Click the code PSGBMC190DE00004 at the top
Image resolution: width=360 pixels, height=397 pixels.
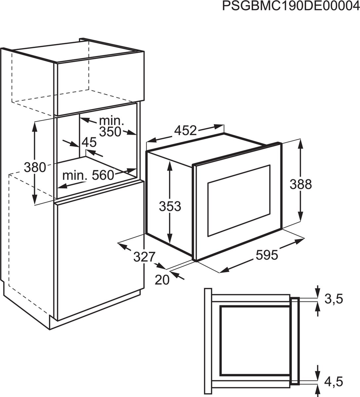pyautogui.click(x=291, y=7)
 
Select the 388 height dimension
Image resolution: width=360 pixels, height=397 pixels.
pyautogui.click(x=300, y=184)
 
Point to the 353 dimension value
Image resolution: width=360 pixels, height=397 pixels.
pyautogui.click(x=170, y=206)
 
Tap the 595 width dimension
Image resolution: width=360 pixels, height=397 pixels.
pyautogui.click(x=267, y=255)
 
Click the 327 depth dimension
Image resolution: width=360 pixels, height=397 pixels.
pyautogui.click(x=144, y=256)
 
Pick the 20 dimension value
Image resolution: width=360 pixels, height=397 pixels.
pyautogui.click(x=162, y=280)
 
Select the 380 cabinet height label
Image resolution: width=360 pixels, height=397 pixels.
pyautogui.click(x=34, y=168)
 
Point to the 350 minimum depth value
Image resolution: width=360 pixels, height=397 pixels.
pyautogui.click(x=110, y=131)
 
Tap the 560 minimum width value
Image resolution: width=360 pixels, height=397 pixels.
pyautogui.click(x=103, y=175)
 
